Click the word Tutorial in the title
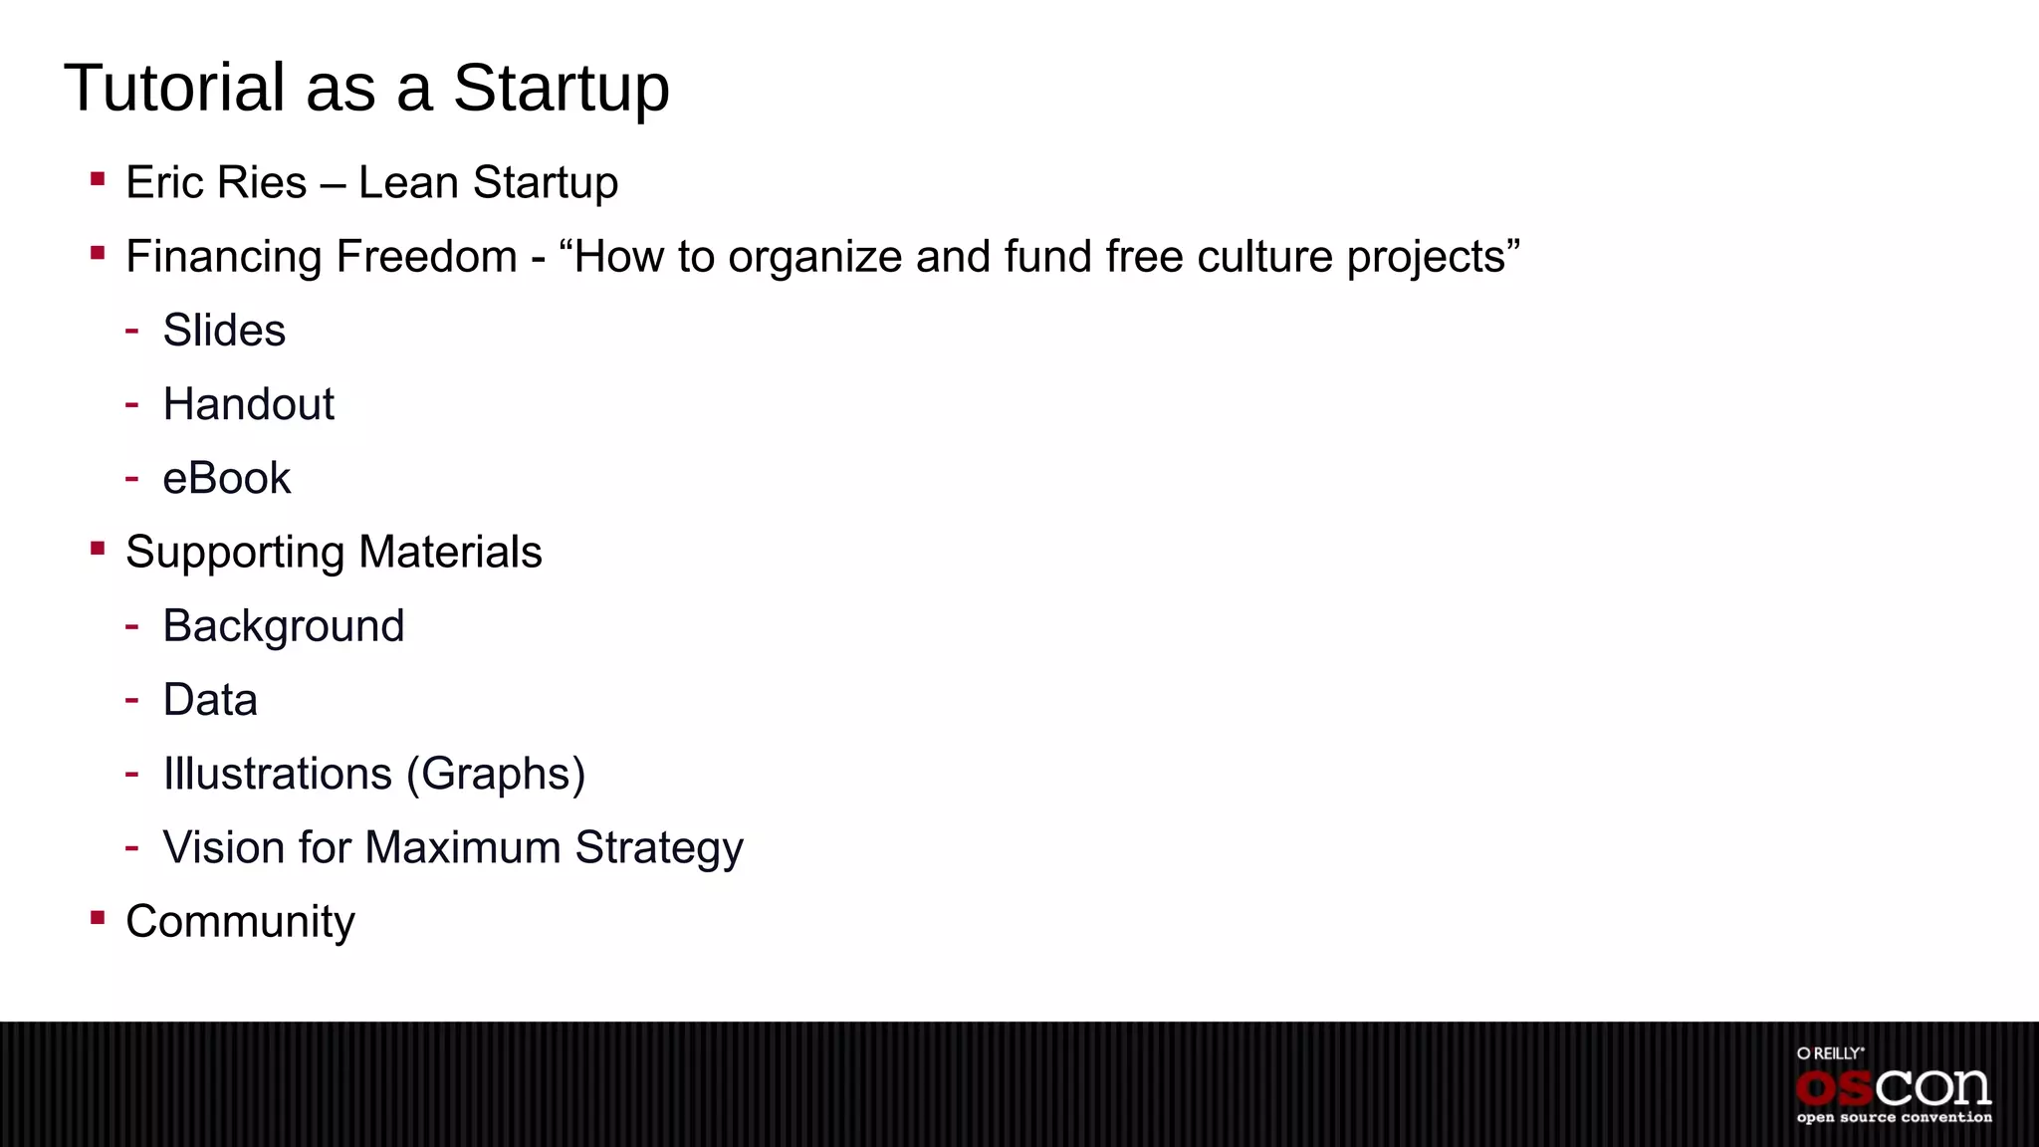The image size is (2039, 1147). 175,88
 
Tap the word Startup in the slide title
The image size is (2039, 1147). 562,90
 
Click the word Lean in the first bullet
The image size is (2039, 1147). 407,182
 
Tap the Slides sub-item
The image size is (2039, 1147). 224,331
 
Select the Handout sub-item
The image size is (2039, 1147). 249,404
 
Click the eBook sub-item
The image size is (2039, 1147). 227,478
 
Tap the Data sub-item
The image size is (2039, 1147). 210,700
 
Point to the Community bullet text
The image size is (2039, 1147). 240,922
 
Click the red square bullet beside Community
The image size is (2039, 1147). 98,917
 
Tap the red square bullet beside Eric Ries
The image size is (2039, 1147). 98,179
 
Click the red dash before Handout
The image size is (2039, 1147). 131,404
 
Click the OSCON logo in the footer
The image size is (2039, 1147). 1894,1087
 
